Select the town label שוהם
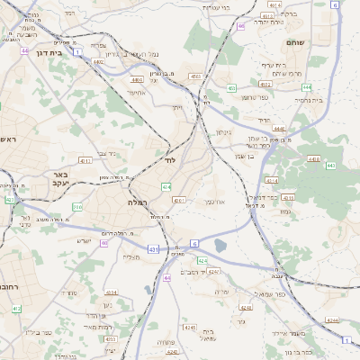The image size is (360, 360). pyautogui.click(x=295, y=42)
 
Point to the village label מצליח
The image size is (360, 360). pyautogui.click(x=131, y=257)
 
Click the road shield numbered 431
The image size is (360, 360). pyautogui.click(x=153, y=249)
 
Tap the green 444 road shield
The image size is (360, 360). pyautogui.click(x=307, y=87)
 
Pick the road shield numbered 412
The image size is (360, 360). pyautogui.click(x=16, y=309)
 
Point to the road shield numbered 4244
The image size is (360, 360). pyautogui.click(x=332, y=320)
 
